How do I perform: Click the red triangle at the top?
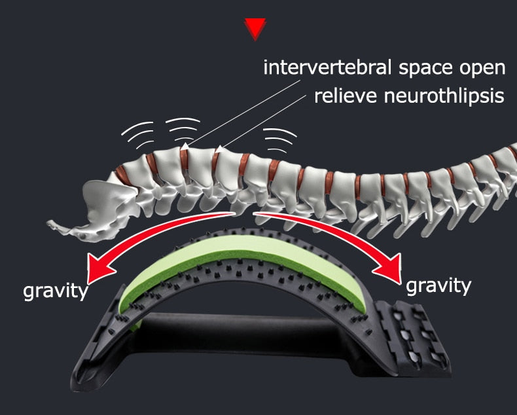tap(255, 28)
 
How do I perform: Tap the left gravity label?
tap(56, 292)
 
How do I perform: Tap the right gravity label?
tap(438, 286)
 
